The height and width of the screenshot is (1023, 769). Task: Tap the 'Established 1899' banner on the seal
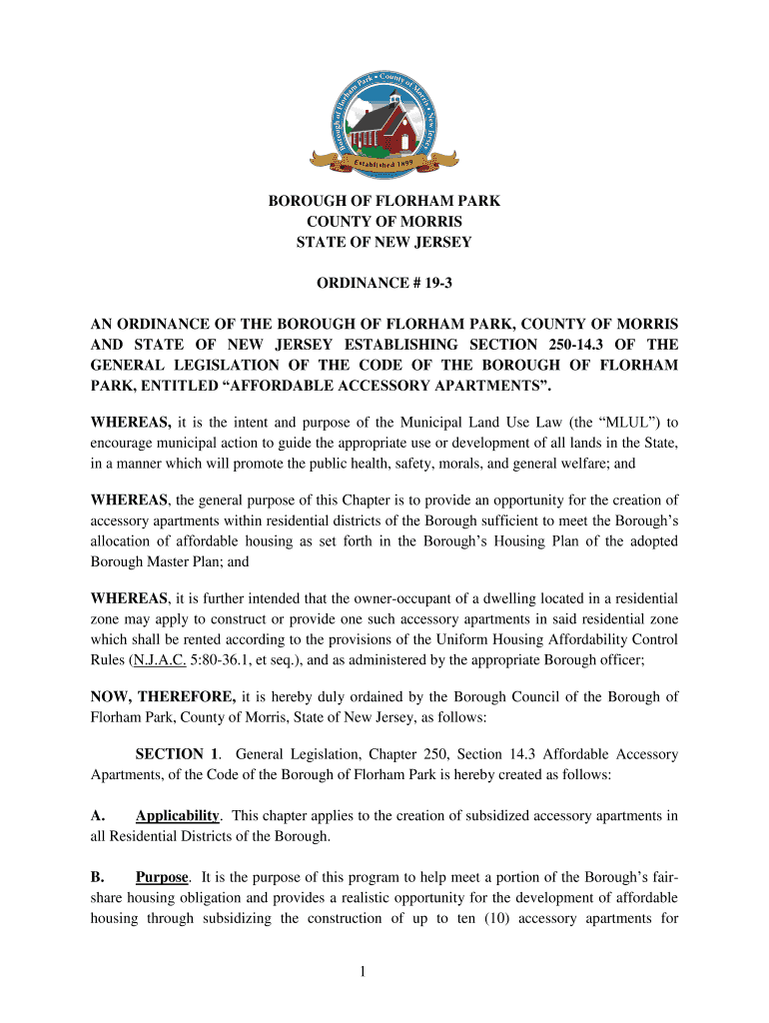[x=384, y=160]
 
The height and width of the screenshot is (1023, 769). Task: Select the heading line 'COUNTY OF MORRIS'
[x=384, y=221]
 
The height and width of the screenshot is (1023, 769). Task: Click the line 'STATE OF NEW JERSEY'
[x=384, y=242]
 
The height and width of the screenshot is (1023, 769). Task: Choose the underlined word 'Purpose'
[x=162, y=877]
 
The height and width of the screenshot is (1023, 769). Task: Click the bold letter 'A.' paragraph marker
[x=99, y=816]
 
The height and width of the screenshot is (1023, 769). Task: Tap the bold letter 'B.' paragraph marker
[x=99, y=877]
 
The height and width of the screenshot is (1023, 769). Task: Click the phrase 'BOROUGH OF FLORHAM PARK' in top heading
[x=384, y=201]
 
